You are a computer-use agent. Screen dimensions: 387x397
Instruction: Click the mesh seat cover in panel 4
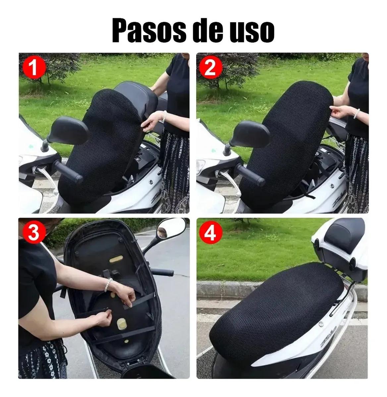(275, 306)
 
